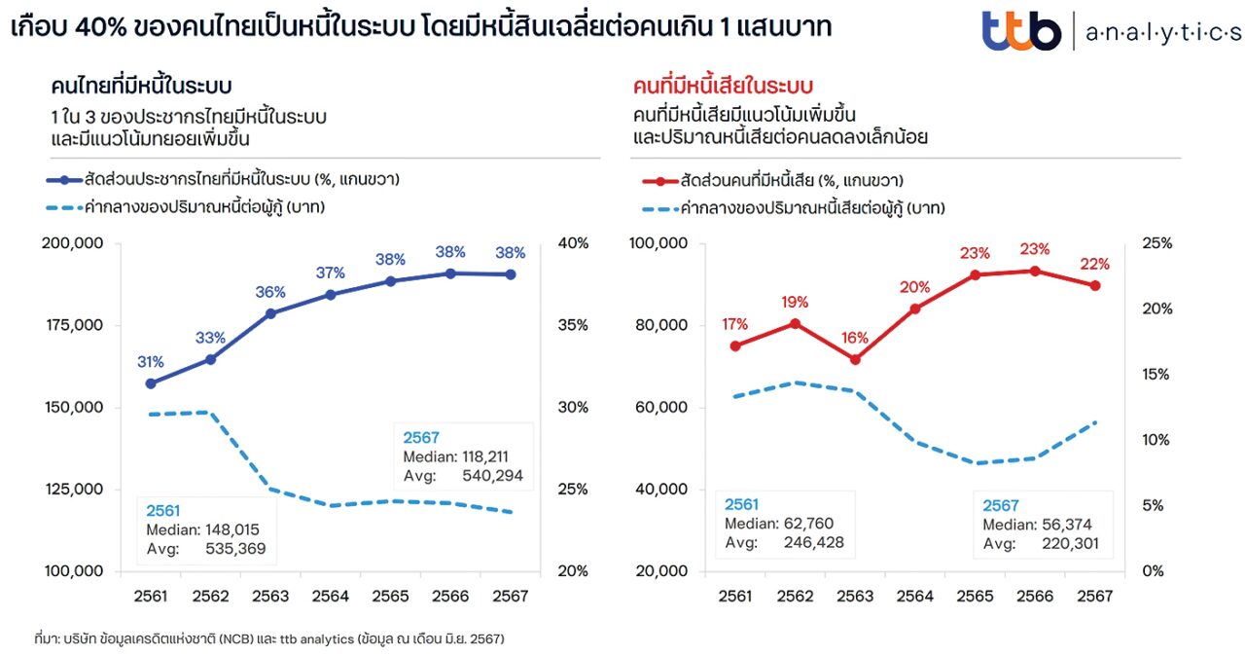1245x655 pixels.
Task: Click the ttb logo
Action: [x=1020, y=30]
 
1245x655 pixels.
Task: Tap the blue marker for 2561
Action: [x=151, y=383]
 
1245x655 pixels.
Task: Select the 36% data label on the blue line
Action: [x=270, y=292]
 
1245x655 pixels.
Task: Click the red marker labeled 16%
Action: [x=855, y=359]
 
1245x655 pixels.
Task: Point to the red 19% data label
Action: [x=795, y=302]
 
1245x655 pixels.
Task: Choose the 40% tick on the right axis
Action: [x=574, y=243]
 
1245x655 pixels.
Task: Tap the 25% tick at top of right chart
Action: [x=1157, y=243]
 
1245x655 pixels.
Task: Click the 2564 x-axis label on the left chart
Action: [x=330, y=595]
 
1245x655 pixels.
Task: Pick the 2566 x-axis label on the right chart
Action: [x=1035, y=595]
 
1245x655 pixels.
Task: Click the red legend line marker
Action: [x=660, y=181]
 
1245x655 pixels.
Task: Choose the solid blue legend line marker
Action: [x=65, y=180]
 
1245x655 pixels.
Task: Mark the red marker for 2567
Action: [x=1094, y=285]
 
